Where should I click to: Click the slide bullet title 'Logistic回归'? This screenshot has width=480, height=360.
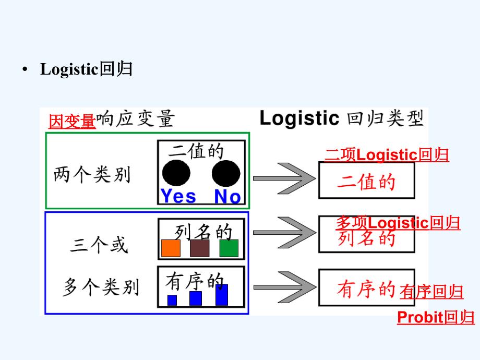[86, 69]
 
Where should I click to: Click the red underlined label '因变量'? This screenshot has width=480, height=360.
[72, 122]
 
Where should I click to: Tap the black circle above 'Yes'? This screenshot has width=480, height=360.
[176, 173]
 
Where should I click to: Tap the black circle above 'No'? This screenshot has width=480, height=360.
[226, 173]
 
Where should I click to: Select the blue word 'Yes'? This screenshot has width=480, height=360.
[178, 196]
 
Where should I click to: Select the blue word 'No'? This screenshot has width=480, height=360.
[227, 196]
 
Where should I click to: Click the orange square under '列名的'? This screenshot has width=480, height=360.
[171, 248]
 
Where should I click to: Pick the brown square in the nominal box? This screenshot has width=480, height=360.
[200, 248]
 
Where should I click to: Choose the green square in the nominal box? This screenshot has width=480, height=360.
[229, 248]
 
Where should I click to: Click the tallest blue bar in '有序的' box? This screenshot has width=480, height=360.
[222, 295]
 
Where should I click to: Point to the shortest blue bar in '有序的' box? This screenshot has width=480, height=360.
[172, 300]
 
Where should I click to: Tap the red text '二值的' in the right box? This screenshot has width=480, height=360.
[366, 182]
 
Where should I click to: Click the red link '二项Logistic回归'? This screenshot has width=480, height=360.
[387, 155]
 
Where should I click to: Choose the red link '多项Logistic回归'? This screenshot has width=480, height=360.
[398, 223]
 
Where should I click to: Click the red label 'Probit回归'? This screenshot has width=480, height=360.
[436, 317]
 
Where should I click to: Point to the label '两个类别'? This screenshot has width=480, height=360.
[92, 175]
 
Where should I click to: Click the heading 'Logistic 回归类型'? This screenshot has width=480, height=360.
[342, 119]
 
